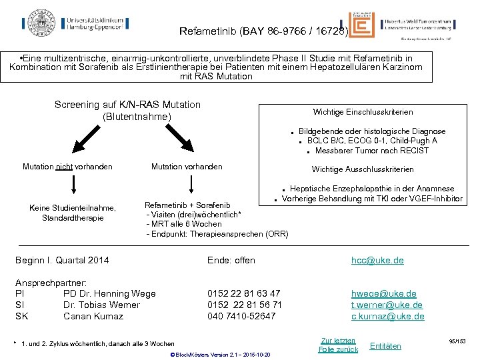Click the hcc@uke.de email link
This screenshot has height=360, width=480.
pos(377,260)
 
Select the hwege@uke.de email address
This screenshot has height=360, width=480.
pos(384,293)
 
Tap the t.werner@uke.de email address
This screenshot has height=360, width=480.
pos(387,305)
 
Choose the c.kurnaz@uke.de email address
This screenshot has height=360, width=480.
pos(387,316)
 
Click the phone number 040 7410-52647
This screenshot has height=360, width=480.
pos(241,316)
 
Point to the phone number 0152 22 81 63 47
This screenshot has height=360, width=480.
pos(244,293)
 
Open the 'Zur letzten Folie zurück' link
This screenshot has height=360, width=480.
pos(338,345)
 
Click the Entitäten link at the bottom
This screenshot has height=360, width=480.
pos(385,345)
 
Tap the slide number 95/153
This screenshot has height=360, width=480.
pos(457,341)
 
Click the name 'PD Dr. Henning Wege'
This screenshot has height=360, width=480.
pos(109,293)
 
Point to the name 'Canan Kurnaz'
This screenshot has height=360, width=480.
pos(93,316)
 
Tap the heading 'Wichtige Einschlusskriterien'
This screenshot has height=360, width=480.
pos(363,112)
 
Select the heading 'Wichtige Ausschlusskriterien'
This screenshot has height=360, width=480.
pos(363,169)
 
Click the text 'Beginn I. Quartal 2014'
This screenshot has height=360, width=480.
pos(62,260)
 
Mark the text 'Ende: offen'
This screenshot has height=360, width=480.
pos(231,260)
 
